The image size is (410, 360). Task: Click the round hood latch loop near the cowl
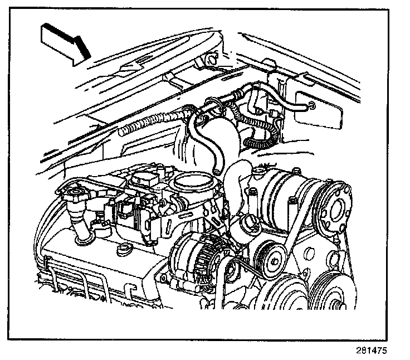tap(211, 59)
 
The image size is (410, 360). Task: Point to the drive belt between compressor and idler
tap(293, 234)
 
